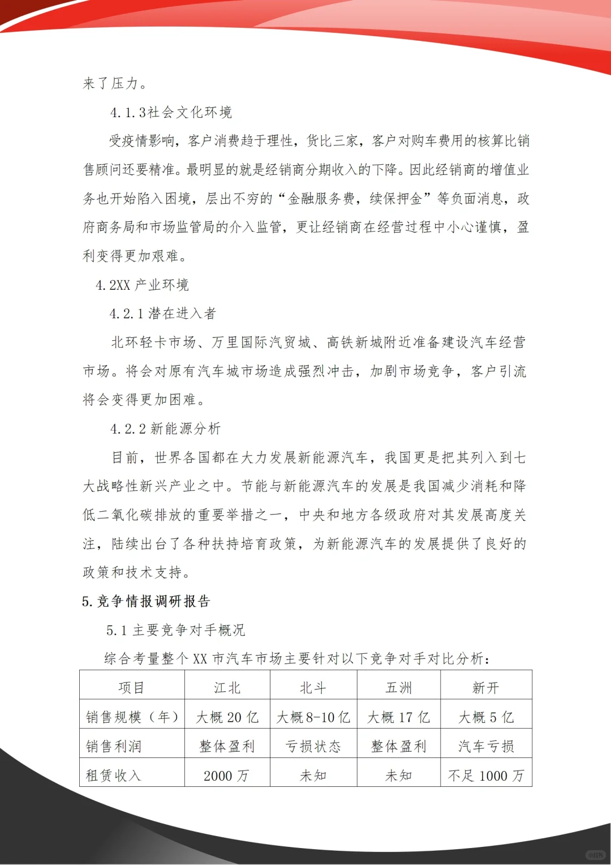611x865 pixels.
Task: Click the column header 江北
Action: pyautogui.click(x=227, y=688)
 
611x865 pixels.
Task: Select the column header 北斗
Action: pyautogui.click(x=313, y=688)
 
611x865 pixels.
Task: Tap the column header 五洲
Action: pyautogui.click(x=399, y=688)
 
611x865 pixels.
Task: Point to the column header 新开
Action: pyautogui.click(x=486, y=688)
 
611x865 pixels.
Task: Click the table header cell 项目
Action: pyautogui.click(x=132, y=688)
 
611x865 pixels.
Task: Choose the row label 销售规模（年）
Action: pyautogui.click(x=132, y=717)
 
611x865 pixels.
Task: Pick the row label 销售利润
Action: pyautogui.click(x=114, y=747)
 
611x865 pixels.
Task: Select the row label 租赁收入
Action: pyautogui.click(x=113, y=776)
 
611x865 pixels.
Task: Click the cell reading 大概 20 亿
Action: pyautogui.click(x=227, y=717)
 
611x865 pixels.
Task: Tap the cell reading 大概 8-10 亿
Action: pyautogui.click(x=313, y=717)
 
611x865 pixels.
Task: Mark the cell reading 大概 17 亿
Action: pyautogui.click(x=399, y=717)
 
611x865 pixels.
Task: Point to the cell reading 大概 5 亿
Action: pyautogui.click(x=486, y=717)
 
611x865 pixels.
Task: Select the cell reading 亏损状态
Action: pyautogui.click(x=313, y=747)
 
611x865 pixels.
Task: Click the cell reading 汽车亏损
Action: pyautogui.click(x=486, y=747)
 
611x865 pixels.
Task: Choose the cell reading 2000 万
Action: pyautogui.click(x=226, y=776)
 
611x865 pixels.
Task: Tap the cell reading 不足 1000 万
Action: pyautogui.click(x=486, y=776)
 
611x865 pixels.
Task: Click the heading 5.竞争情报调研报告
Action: pyautogui.click(x=146, y=601)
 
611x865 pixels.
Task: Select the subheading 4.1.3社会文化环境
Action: pyautogui.click(x=171, y=112)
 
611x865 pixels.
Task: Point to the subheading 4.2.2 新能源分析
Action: pyautogui.click(x=165, y=429)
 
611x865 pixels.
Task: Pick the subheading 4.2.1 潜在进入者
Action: pyautogui.click(x=163, y=314)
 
